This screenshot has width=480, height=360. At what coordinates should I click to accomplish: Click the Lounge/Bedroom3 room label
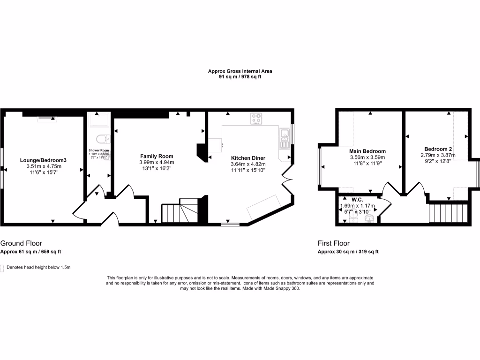click(43, 160)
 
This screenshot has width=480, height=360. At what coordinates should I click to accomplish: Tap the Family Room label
click(157, 156)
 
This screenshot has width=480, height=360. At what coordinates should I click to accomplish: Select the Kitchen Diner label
click(248, 158)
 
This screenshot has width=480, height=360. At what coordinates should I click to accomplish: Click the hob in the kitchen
click(256, 119)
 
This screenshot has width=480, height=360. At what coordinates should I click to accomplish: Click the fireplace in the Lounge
click(46, 118)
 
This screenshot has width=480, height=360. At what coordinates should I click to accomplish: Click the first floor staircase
click(448, 213)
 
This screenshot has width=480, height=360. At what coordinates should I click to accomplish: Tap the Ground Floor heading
click(21, 243)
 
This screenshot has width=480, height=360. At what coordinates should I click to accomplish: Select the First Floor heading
click(334, 243)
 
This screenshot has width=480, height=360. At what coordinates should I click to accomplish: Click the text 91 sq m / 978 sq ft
click(240, 77)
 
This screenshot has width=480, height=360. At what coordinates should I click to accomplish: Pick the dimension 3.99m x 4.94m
click(157, 162)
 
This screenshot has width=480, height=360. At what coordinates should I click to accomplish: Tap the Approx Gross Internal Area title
click(240, 71)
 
